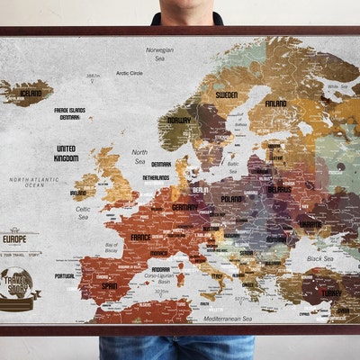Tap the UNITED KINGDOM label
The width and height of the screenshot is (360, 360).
click(x=66, y=153)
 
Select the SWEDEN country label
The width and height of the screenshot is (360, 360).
click(x=227, y=94)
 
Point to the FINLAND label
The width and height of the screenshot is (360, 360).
click(x=275, y=103)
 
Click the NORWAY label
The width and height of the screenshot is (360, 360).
click(x=179, y=120)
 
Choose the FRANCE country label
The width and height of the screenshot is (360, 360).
click(x=141, y=238)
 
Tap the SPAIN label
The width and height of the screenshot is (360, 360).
click(x=110, y=286)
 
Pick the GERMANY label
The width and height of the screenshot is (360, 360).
click(x=185, y=207)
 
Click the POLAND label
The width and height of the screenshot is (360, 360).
click(x=231, y=199)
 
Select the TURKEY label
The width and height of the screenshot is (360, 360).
click(x=331, y=292)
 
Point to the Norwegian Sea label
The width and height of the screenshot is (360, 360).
click(x=159, y=54)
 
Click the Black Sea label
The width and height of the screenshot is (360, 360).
click(x=319, y=258)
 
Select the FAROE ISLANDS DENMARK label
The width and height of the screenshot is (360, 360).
click(x=69, y=113)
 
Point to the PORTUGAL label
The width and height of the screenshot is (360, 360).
click(x=65, y=276)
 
